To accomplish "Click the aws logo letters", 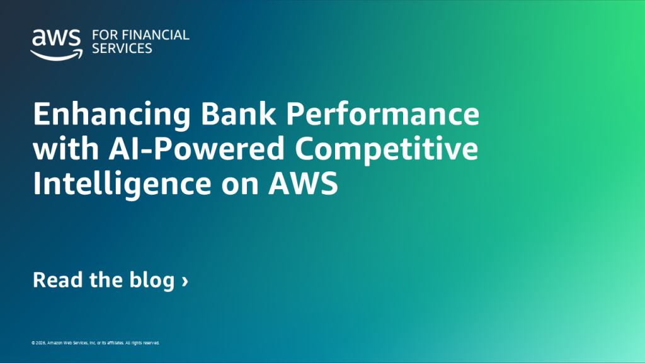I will (x=56, y=39).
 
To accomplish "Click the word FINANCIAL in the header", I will (x=153, y=35).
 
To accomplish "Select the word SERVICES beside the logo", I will (x=122, y=49).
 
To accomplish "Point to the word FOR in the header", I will (x=103, y=35).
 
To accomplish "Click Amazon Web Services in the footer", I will (x=69, y=343).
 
